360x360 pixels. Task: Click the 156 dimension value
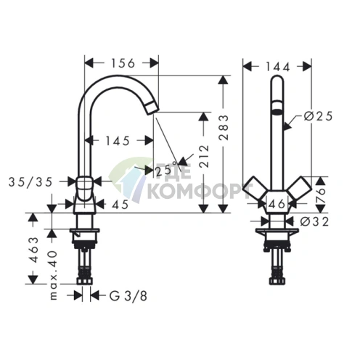point(123,63)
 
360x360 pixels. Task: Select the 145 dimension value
point(118,141)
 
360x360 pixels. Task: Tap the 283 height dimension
point(224,128)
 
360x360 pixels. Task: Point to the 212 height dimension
point(205,156)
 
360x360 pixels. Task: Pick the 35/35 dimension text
point(30,182)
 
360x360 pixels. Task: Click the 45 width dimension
point(120,205)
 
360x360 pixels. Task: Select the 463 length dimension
point(35,250)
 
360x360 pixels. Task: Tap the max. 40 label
point(54,275)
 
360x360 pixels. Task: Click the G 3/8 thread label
point(128,295)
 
